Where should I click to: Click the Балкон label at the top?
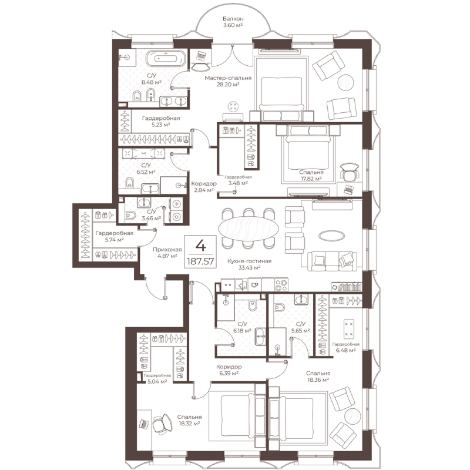[233, 19]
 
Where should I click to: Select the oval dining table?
[249, 229]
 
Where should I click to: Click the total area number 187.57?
[200, 261]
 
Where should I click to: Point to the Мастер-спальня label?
[228, 78]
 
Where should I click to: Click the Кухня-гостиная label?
[249, 261]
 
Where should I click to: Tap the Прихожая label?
[167, 249]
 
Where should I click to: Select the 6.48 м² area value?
[345, 350]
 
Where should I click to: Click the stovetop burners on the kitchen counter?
[281, 285]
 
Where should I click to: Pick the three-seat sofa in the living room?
[333, 261]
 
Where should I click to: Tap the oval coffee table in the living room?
[331, 236]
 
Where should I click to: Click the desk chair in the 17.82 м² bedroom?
[349, 172]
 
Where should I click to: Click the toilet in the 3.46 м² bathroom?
[130, 215]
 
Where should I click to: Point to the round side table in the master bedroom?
[345, 82]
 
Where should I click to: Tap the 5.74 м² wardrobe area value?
[114, 240]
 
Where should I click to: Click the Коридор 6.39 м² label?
[229, 370]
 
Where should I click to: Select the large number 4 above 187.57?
[200, 246]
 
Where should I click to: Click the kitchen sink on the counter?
[241, 285]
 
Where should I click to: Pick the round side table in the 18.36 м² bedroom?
[353, 417]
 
